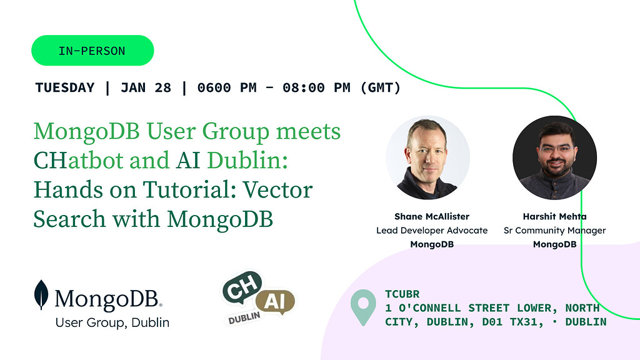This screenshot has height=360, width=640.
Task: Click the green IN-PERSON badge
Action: [x=92, y=51]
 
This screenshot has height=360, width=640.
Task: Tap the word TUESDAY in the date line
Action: [x=65, y=87]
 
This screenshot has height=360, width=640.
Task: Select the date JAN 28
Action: [x=146, y=87]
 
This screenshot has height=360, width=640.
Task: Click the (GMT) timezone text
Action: [x=381, y=87]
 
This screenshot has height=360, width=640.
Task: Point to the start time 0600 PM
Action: [x=227, y=87]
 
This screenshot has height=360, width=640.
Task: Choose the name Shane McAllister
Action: [x=432, y=217]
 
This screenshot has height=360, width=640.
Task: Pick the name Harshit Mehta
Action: [x=554, y=217]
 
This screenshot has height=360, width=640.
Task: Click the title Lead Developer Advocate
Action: [x=432, y=231]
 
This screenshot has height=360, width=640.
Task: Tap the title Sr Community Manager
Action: [x=554, y=231]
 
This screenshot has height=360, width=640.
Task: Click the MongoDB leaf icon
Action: [x=42, y=295]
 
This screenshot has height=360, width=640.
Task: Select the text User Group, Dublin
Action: [x=112, y=322]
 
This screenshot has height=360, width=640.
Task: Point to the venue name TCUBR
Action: [x=402, y=294]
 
